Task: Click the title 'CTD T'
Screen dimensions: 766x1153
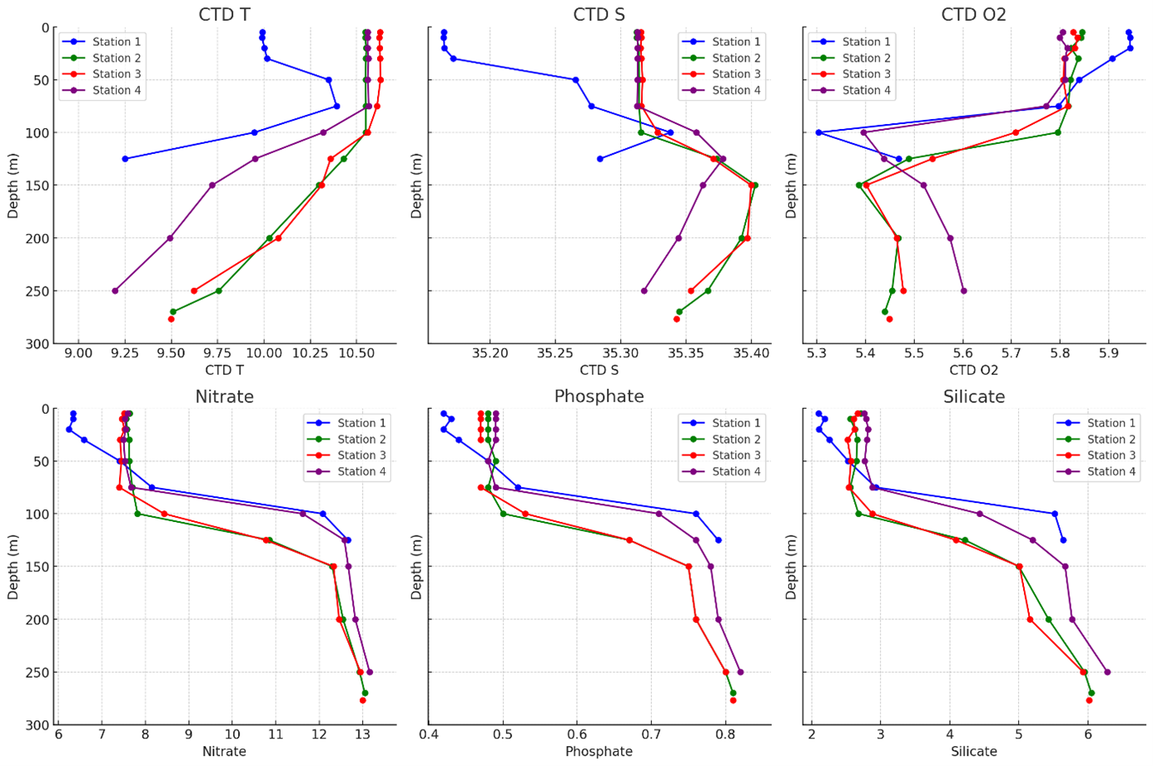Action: [x=224, y=14]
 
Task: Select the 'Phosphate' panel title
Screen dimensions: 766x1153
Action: [x=599, y=396]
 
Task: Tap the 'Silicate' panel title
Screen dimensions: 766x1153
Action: [x=973, y=396]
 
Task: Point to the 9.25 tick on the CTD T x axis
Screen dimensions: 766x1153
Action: [x=125, y=353]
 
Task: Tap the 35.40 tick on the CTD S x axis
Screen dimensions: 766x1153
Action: [x=751, y=353]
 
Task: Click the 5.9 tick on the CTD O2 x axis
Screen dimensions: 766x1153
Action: [x=1108, y=353]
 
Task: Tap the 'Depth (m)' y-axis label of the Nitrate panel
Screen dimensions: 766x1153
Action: [x=13, y=567]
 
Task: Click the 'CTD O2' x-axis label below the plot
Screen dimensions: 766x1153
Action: [x=973, y=370]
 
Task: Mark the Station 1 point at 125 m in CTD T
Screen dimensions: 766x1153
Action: [x=125, y=158]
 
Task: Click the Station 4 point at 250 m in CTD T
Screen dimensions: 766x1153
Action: [x=115, y=291]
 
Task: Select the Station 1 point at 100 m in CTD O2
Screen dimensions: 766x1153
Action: [x=818, y=132]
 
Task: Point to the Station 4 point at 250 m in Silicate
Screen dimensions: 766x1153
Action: [x=1106, y=672]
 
